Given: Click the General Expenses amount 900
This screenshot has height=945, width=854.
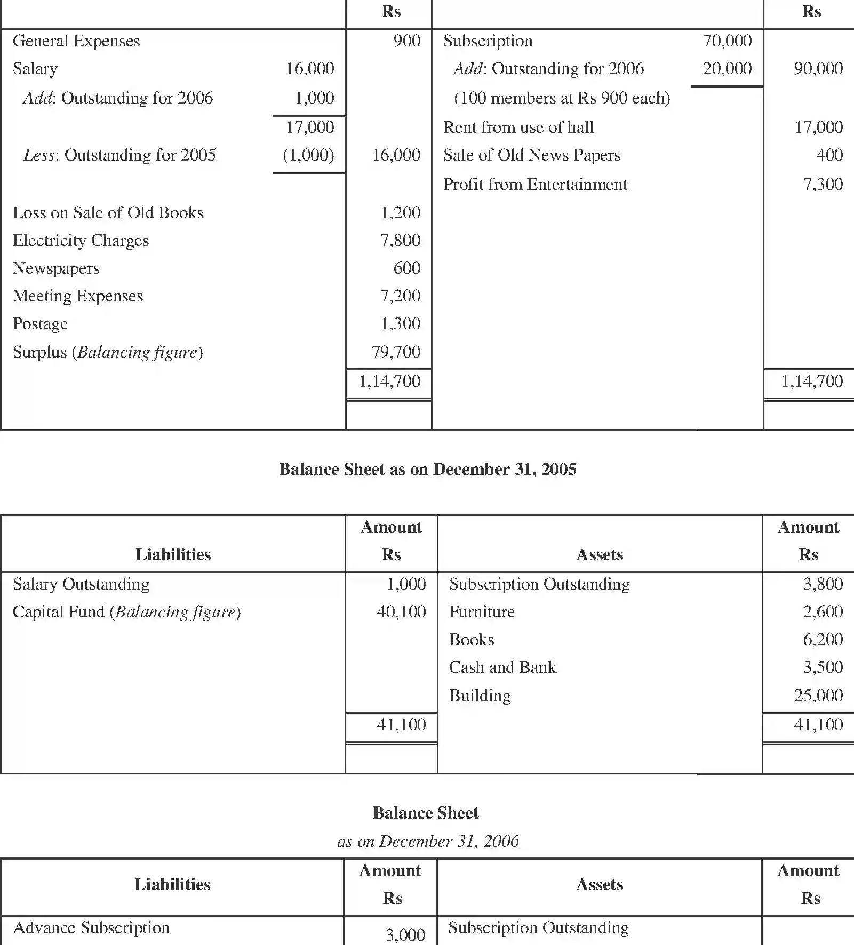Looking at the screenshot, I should click(x=406, y=41).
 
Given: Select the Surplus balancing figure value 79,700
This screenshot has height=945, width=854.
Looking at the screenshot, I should click(x=396, y=352).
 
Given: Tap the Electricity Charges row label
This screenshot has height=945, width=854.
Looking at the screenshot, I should click(x=81, y=241).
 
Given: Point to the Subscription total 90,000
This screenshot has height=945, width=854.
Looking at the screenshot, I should click(x=818, y=69).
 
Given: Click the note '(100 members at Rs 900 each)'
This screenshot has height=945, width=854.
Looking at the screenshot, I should click(x=562, y=98).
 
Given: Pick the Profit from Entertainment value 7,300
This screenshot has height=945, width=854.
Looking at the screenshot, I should click(x=823, y=185).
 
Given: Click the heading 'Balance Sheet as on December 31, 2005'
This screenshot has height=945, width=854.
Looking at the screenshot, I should click(x=427, y=470).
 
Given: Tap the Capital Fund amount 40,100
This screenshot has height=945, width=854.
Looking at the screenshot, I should click(x=401, y=612).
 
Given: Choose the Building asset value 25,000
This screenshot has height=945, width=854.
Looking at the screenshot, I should click(x=818, y=696).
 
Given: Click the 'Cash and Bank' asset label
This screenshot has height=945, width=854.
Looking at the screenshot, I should click(x=502, y=668).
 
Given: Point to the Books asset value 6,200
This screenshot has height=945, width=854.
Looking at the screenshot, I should click(x=823, y=640).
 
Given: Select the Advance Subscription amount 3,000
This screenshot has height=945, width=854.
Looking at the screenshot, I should click(x=405, y=934).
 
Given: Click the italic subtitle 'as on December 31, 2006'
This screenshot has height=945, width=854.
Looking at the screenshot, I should click(x=427, y=841).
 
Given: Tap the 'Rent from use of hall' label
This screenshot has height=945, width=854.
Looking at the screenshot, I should click(x=518, y=128).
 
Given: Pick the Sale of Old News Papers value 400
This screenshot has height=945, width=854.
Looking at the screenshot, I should click(x=829, y=155).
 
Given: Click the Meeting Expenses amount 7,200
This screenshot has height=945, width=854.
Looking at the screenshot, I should click(x=400, y=296).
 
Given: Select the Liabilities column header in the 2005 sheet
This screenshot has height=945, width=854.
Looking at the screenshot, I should click(x=173, y=555).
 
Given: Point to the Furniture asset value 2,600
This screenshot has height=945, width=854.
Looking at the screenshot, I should click(x=823, y=612).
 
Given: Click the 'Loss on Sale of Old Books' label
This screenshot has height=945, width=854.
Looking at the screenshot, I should click(x=108, y=213).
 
